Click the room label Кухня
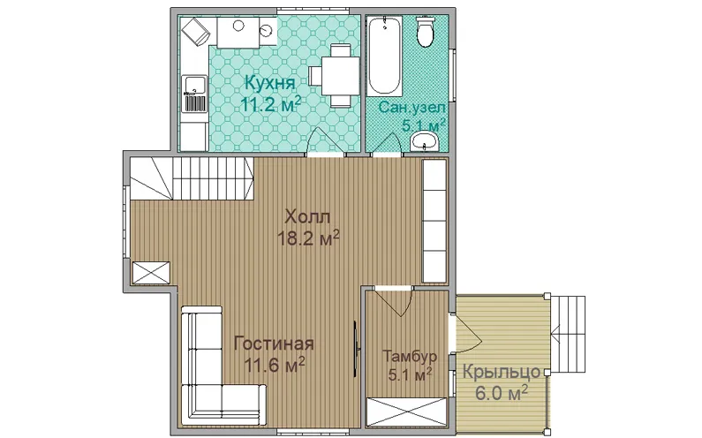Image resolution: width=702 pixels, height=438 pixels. [270, 83]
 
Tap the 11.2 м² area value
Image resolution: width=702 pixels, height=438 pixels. [270, 105]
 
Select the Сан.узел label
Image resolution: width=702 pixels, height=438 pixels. [411, 108]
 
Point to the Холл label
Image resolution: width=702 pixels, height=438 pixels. [307, 217]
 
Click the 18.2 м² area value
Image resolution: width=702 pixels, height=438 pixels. [307, 238]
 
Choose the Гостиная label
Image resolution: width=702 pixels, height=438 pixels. [274, 344]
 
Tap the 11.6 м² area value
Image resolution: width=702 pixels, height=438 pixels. [275, 365]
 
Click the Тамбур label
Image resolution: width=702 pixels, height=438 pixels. [410, 357]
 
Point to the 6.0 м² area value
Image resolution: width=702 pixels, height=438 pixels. [501, 394]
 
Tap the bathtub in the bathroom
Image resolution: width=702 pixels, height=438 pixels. [384, 55]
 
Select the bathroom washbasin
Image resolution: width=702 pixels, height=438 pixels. [425, 141]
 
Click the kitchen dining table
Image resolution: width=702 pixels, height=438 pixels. [336, 75]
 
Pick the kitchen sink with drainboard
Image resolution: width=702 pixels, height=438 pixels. [194, 94]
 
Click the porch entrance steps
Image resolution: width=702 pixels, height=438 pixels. [567, 334]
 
